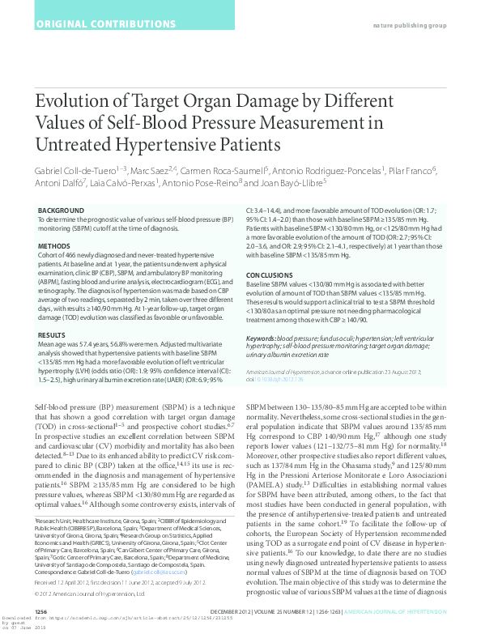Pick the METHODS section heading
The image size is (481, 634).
(54, 245)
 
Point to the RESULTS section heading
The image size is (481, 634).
(52, 334)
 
